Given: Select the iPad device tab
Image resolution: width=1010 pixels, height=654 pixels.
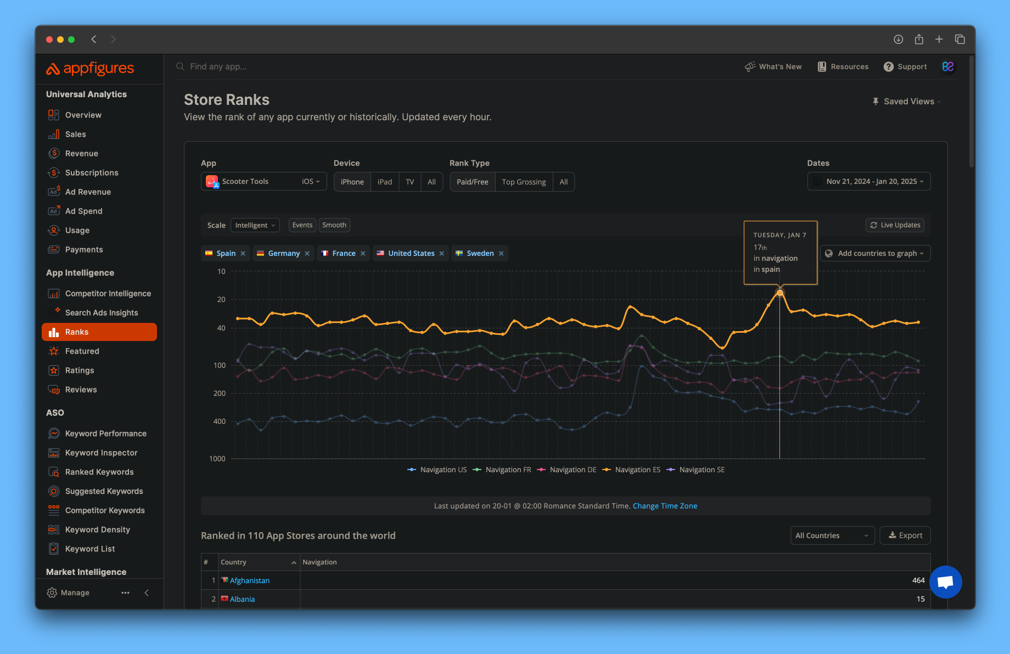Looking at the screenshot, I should pos(384,182).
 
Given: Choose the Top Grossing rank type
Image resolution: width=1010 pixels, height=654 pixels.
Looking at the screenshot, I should pos(523,182).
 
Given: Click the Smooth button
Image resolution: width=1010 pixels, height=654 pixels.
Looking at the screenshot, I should pos(334,225).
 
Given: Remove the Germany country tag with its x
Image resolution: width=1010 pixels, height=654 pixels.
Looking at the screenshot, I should pos(307,253).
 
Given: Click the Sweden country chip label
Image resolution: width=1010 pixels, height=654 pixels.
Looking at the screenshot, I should pos(480,253).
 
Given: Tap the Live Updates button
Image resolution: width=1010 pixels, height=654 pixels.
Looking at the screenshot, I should pos(895,225).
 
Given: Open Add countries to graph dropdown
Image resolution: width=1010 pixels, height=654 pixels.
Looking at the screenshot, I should pos(876,253).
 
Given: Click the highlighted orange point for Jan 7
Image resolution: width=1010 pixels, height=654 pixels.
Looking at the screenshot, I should pos(779,293).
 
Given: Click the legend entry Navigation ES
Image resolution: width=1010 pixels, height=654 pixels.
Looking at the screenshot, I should pos(637,469).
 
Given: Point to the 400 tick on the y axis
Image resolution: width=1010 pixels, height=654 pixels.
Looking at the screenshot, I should pos(219,421).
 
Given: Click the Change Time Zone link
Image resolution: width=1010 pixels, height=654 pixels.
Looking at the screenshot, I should pos(665,506).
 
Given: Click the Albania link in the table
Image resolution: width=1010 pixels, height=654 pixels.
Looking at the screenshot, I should pos(242,599).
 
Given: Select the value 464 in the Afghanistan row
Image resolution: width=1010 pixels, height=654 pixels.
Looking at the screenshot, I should pos(918,580).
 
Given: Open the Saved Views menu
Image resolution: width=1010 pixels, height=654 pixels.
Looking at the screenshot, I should pos(908,102).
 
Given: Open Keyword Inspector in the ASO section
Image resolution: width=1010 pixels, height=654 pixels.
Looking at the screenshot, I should pos(101,452).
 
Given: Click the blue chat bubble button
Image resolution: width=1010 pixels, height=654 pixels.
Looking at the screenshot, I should pos(945,582).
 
